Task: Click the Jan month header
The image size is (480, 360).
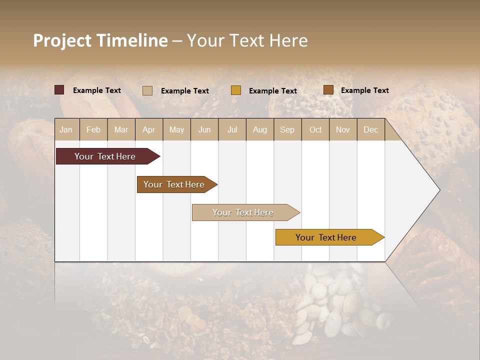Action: (x=66, y=129)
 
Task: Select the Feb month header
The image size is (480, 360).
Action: (x=93, y=129)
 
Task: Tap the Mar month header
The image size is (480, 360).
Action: (x=121, y=129)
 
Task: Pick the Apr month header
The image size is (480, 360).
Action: (x=149, y=129)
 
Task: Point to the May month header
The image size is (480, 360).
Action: (x=176, y=129)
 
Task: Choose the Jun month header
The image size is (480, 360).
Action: (x=204, y=129)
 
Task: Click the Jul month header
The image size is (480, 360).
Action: (x=232, y=129)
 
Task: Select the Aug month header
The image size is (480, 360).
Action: (x=260, y=129)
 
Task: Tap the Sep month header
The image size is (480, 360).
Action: (x=287, y=129)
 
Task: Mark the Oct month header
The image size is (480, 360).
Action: (x=315, y=129)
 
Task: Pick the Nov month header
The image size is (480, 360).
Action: (x=343, y=129)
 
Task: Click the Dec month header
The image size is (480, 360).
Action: (x=371, y=129)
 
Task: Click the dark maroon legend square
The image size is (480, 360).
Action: (x=59, y=90)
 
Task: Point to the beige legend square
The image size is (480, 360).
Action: (x=147, y=90)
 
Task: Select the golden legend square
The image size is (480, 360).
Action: (x=236, y=90)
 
